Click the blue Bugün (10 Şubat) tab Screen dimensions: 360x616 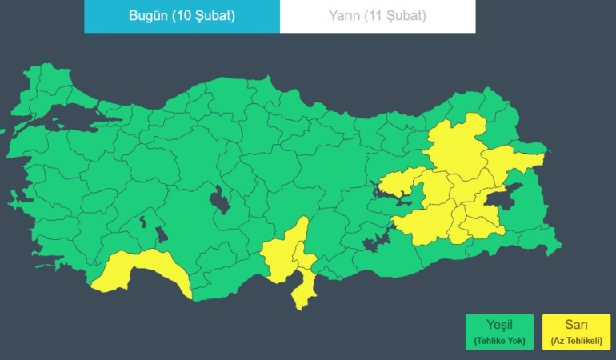(182, 16)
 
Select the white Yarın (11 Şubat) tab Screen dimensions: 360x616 (378, 16)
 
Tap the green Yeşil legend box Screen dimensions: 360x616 (499, 331)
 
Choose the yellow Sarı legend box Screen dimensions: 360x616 (575, 331)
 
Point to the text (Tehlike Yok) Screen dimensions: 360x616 (499, 342)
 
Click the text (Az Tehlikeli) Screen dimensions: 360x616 (575, 342)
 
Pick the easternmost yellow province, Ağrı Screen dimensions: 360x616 (512, 164)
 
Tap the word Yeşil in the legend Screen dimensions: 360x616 (499, 325)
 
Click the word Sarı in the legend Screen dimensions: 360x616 (575, 325)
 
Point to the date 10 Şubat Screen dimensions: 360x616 (205, 16)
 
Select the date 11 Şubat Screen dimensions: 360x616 (399, 16)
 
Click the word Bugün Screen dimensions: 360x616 (148, 16)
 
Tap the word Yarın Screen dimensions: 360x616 (345, 16)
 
